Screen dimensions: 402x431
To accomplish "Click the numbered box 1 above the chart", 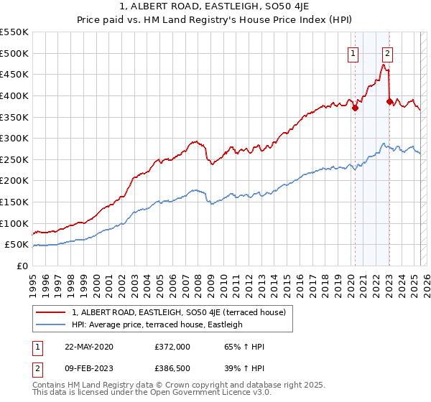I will pos(354,52).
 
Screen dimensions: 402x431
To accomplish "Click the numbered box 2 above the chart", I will pos(388,52).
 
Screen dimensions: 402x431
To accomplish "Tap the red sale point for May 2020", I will pos(355,108).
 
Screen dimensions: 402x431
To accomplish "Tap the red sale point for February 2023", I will pos(389,102).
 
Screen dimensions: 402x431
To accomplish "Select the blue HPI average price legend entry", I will pos(157,324).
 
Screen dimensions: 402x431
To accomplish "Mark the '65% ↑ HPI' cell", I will pos(245,347).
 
